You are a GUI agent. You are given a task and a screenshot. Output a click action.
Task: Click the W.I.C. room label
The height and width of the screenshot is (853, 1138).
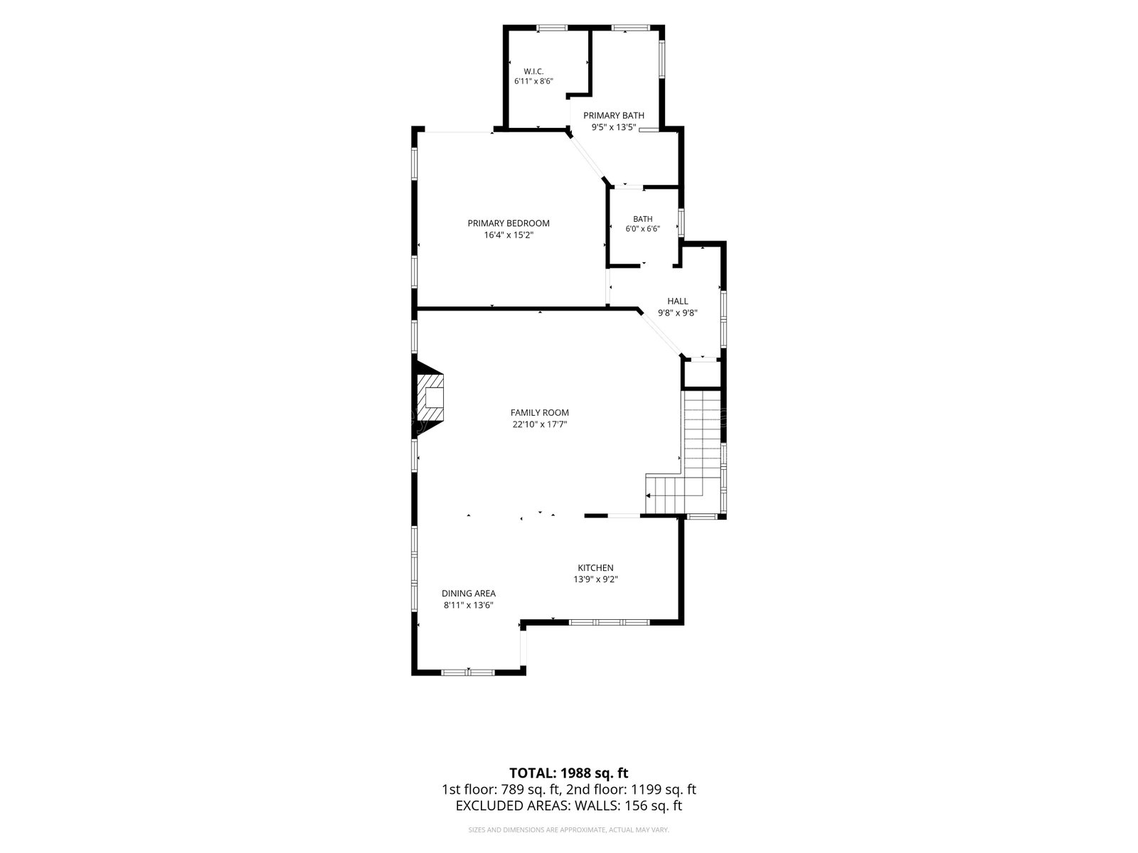(x=533, y=72)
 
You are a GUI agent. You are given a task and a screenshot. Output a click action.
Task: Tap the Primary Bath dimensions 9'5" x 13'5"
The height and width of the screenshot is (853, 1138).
(x=613, y=127)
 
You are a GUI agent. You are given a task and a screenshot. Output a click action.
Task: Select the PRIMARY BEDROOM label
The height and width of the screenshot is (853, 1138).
(x=508, y=223)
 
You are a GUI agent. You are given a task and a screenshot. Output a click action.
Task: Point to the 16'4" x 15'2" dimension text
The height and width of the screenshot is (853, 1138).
(x=508, y=235)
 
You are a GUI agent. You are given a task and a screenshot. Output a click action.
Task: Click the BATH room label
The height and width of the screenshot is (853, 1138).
(x=642, y=219)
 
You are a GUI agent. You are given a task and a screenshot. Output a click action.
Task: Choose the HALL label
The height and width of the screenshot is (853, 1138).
(x=678, y=301)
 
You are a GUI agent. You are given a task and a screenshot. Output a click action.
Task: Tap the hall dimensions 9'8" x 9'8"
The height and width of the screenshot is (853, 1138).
(x=678, y=313)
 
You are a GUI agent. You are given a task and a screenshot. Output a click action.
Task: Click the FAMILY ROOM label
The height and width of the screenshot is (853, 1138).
(x=539, y=413)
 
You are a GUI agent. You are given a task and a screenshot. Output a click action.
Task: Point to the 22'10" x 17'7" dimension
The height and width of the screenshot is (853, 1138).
(x=539, y=424)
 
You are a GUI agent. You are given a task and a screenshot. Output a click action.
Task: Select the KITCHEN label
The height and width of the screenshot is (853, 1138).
(x=596, y=568)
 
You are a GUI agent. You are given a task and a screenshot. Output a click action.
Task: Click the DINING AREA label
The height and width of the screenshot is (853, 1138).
(x=468, y=594)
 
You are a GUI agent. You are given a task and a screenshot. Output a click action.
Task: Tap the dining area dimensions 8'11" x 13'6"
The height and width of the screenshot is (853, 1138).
(x=468, y=605)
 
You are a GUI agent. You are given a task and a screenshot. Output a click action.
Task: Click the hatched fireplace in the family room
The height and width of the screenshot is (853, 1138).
(x=430, y=398)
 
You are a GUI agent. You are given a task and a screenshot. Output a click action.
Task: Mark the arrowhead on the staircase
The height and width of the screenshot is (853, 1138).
(x=648, y=495)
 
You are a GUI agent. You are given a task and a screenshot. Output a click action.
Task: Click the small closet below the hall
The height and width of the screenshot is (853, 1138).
(x=701, y=374)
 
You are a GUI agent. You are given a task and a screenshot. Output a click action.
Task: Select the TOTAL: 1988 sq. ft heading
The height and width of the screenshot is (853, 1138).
(x=568, y=773)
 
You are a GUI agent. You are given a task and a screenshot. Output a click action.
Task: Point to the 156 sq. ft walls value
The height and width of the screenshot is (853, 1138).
(x=653, y=806)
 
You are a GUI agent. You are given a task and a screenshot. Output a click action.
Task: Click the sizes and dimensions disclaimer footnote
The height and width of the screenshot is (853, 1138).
(x=568, y=830)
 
